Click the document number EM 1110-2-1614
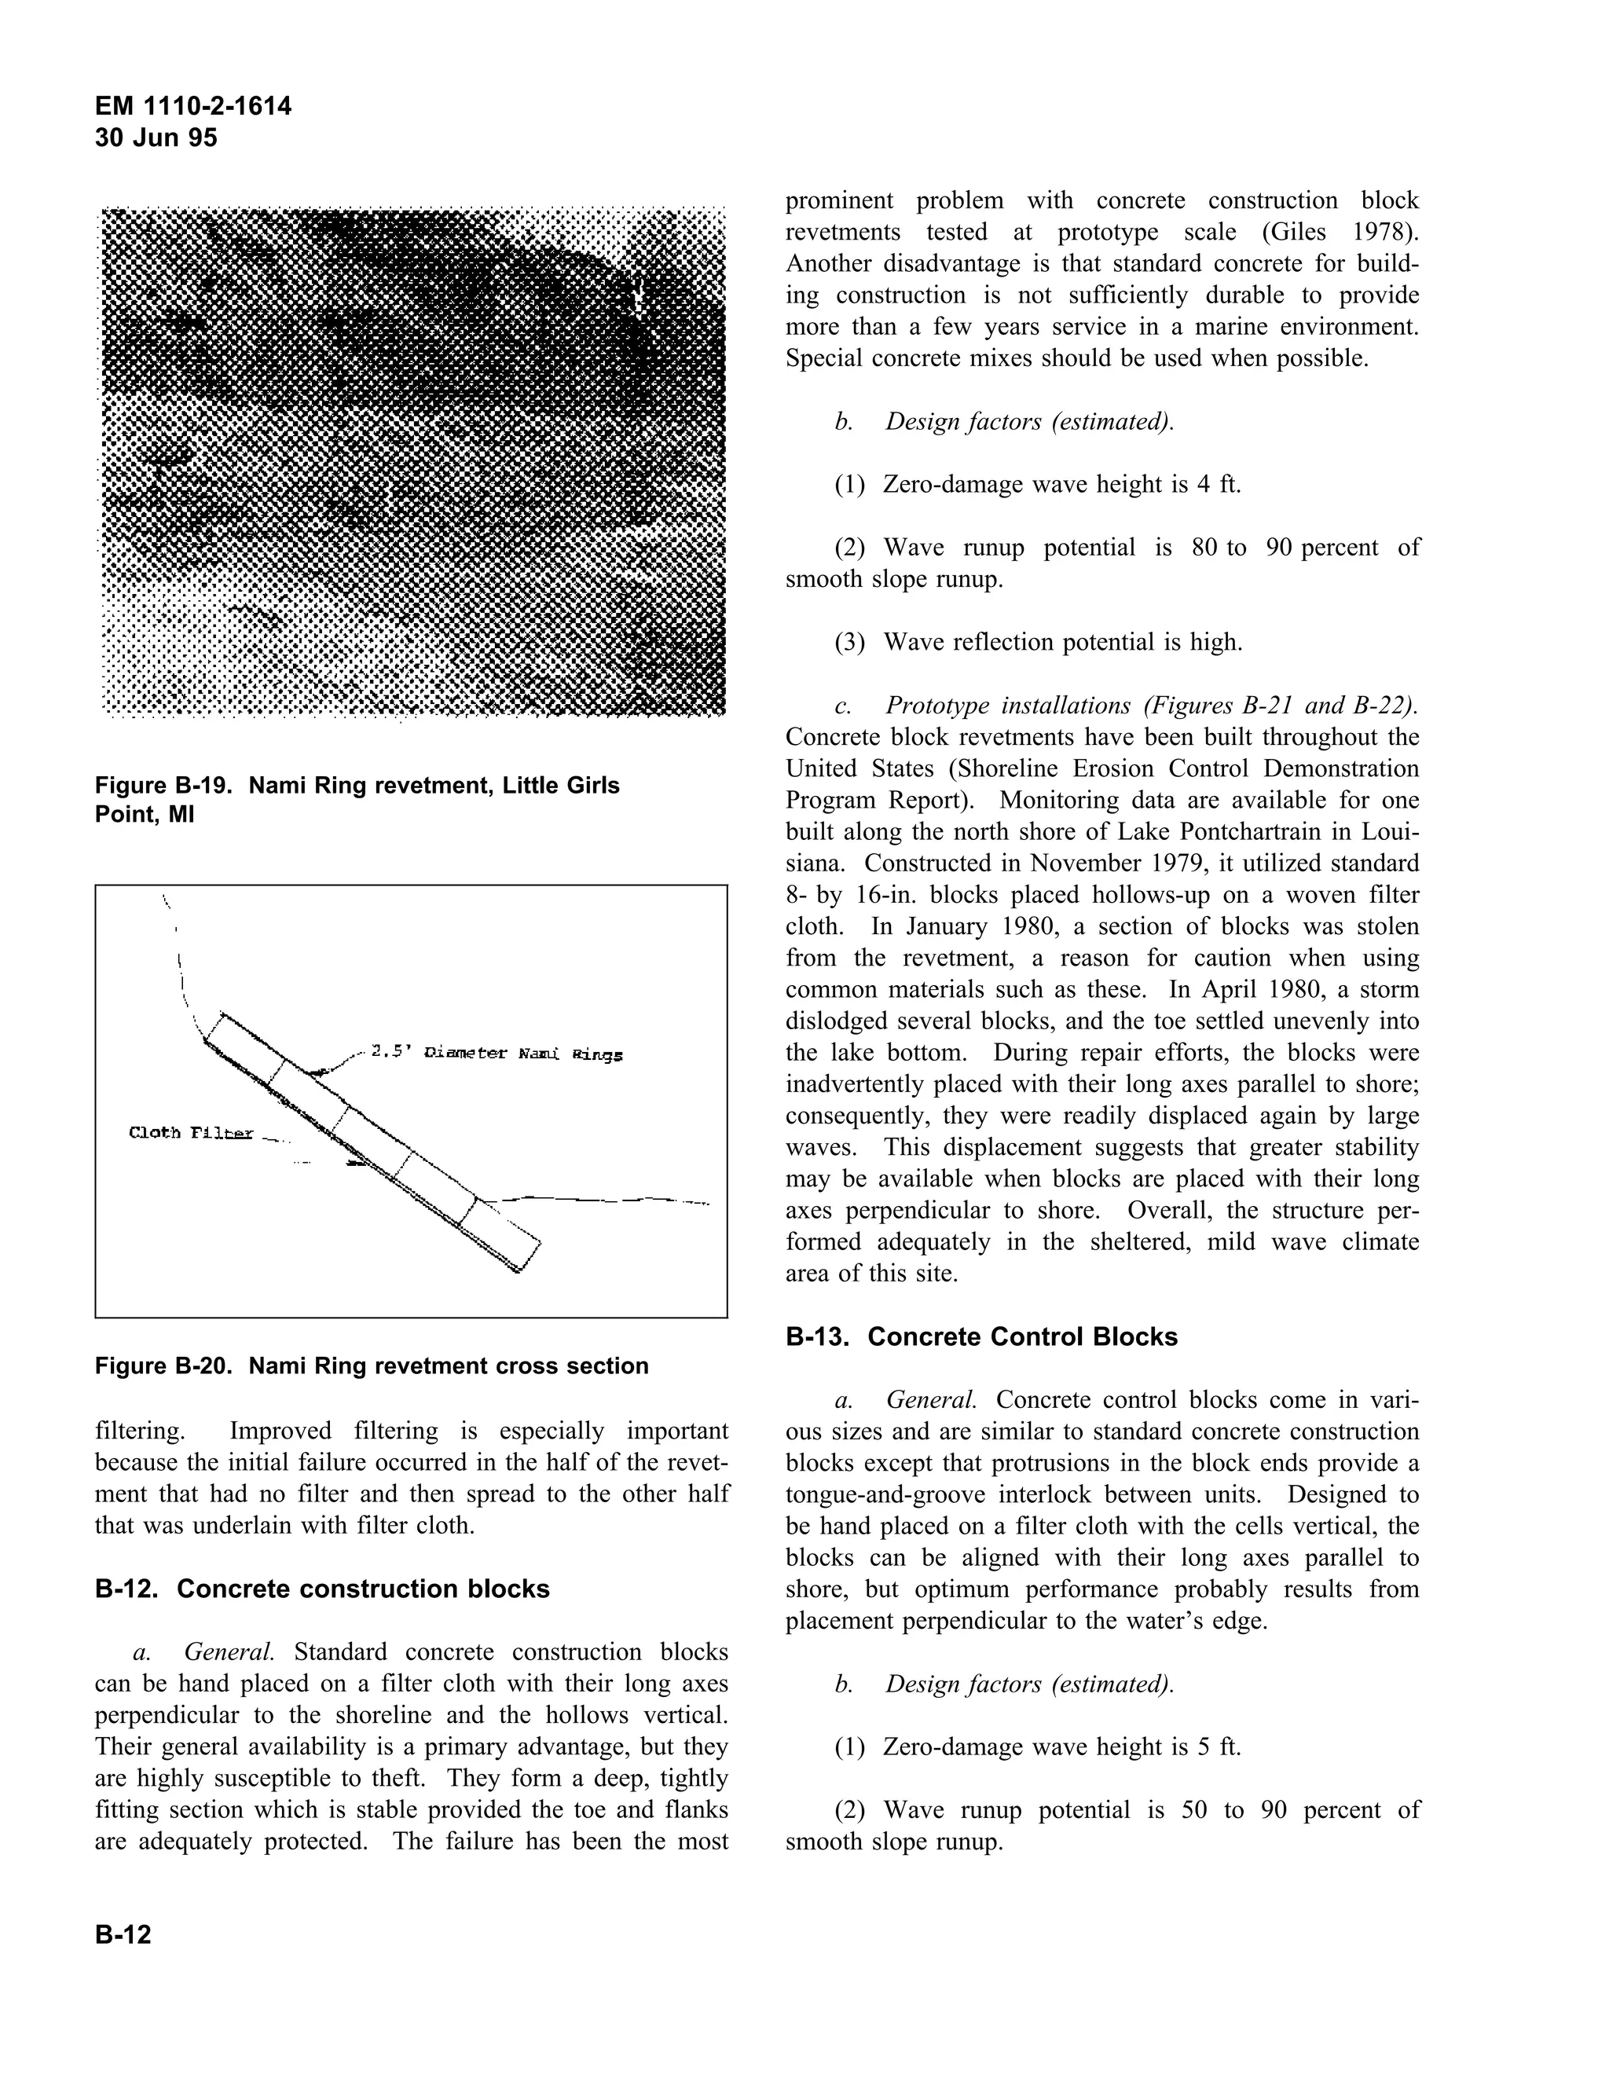(193, 106)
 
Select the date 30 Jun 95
(156, 138)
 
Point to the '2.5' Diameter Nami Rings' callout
(496, 1054)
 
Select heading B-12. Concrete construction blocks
(322, 1589)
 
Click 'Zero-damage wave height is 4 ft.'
(1061, 484)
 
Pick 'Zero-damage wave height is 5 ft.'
(1061, 1747)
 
